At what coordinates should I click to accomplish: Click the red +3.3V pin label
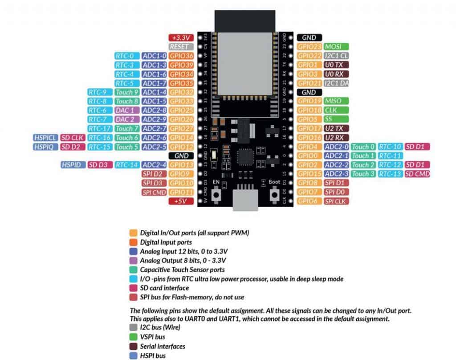click(x=181, y=38)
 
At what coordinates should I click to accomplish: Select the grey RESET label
click(x=181, y=47)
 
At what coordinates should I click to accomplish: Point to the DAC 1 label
click(x=127, y=110)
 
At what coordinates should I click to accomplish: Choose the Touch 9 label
click(x=127, y=92)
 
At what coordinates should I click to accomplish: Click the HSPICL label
click(x=45, y=138)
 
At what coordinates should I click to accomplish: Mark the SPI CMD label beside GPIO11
click(x=154, y=192)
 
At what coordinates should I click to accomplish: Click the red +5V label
click(x=181, y=201)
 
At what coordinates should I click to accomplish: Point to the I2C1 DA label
click(x=336, y=83)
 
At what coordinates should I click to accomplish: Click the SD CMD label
click(x=417, y=174)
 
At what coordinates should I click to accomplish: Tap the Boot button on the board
click(x=274, y=195)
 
